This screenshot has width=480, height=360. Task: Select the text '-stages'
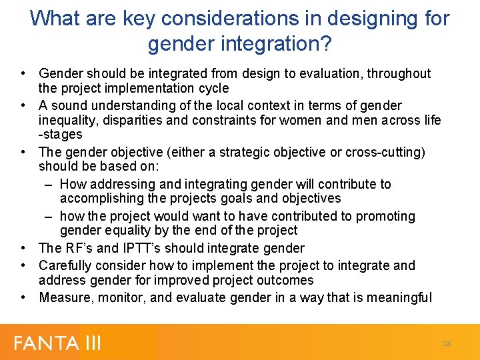pyautogui.click(x=61, y=135)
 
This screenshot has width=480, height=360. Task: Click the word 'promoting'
pyautogui.click(x=385, y=216)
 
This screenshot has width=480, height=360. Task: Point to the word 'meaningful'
pyautogui.click(x=399, y=297)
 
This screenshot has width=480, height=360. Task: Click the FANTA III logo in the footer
pyautogui.click(x=58, y=343)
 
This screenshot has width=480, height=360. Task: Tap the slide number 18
pyautogui.click(x=447, y=343)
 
